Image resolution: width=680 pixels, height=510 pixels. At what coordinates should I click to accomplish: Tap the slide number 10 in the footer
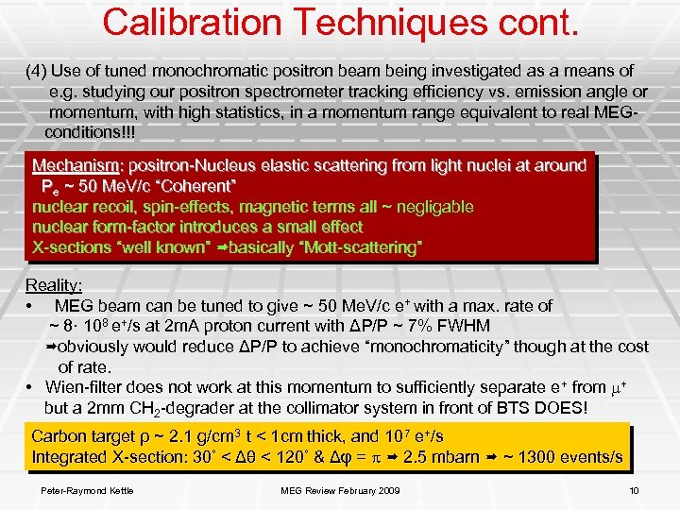point(634,489)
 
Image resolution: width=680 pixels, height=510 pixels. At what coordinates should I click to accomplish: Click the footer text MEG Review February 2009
point(340,489)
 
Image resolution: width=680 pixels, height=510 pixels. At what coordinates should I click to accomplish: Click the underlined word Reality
point(54,285)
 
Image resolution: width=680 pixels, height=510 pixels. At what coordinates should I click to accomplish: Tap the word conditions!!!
point(91,132)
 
